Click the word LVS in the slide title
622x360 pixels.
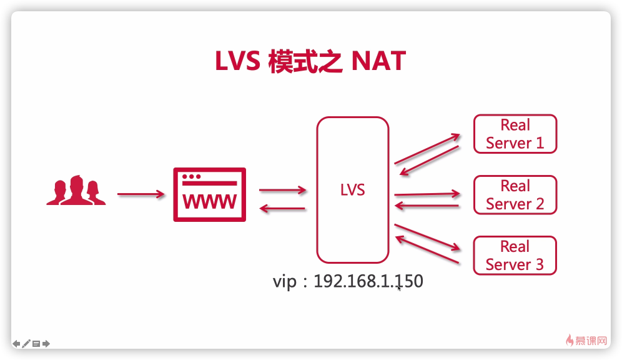[237, 62]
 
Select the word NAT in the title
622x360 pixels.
[378, 62]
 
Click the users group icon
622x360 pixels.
[76, 190]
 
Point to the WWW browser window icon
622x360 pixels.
[209, 194]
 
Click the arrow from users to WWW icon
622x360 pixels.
[141, 194]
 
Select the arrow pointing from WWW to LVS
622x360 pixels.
[282, 189]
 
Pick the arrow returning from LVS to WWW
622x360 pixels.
[282, 209]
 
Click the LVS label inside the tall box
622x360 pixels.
[352, 189]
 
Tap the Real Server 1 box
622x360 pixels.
[515, 134]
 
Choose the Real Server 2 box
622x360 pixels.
[515, 195]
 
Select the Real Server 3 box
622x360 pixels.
[515, 255]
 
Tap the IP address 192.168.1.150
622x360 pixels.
[368, 281]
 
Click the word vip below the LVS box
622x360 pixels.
[284, 281]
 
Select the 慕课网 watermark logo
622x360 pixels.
[587, 341]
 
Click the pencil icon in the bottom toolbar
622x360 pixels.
[26, 343]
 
